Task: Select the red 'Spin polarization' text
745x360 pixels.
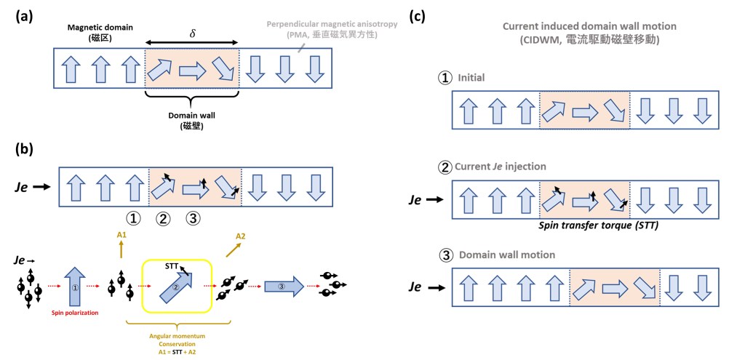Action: pyautogui.click(x=76, y=313)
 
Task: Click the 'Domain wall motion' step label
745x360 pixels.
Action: pyautogui.click(x=502, y=255)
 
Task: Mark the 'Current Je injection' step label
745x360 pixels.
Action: pyautogui.click(x=501, y=167)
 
